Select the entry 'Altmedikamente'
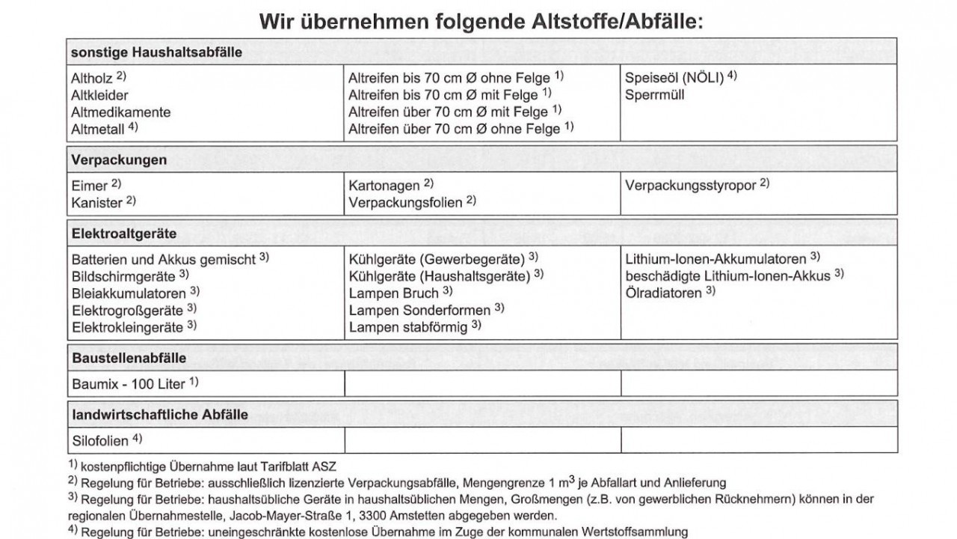pos(120,112)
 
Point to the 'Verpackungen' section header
pos(119,160)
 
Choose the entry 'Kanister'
pos(96,202)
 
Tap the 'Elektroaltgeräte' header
pos(124,234)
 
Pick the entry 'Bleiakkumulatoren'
pos(128,293)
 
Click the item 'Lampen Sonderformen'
pos(419,310)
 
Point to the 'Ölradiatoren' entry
pos(663,293)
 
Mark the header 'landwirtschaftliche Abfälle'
pos(160,414)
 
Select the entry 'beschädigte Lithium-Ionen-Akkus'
pos(727,276)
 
